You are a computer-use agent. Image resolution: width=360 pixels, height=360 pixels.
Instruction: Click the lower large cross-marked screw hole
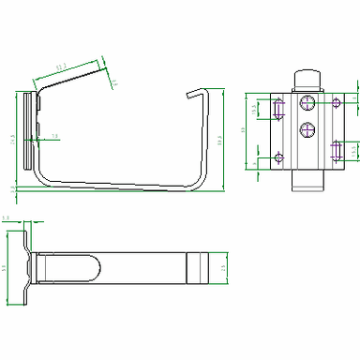click(307, 130)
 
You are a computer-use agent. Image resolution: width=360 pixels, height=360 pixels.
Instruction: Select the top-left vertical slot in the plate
click(277, 110)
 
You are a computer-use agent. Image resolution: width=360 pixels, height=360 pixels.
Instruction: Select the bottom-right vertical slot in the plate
click(336, 149)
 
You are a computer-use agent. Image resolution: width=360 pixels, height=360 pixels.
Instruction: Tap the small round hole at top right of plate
click(335, 101)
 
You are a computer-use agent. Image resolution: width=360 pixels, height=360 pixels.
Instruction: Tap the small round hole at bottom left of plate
click(277, 157)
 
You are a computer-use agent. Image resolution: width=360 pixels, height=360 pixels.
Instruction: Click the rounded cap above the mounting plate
click(307, 80)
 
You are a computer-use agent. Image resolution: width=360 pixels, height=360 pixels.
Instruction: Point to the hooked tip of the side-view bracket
click(193, 92)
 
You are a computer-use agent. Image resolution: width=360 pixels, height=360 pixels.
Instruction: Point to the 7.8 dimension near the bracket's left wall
click(53, 137)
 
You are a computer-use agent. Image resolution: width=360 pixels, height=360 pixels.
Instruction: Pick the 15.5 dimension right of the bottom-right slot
click(353, 149)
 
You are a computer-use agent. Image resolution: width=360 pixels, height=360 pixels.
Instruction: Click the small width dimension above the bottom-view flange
click(7, 217)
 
